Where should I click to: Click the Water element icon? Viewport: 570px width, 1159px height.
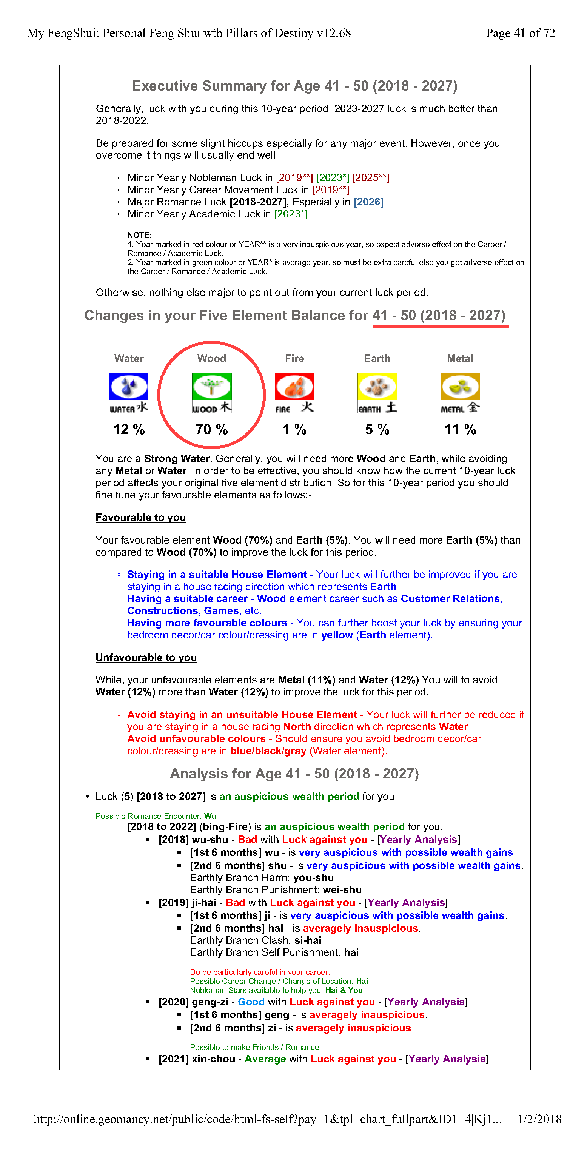point(129,392)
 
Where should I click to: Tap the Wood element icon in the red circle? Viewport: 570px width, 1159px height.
point(211,392)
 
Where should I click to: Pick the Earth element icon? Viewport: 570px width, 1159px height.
point(377,392)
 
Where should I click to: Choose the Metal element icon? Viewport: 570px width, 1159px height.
point(460,392)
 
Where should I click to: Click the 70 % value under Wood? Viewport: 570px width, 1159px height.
point(211,429)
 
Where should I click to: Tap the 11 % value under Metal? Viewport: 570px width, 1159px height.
point(460,429)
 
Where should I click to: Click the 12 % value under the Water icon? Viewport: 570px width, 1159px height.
point(129,429)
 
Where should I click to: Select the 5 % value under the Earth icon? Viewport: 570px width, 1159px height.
point(377,429)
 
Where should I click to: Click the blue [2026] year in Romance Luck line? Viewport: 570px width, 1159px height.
point(368,202)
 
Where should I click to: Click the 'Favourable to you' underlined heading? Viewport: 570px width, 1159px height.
point(140,518)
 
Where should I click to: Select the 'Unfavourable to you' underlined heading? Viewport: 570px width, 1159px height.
point(146,657)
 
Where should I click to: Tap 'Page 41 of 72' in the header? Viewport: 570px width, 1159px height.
point(520,33)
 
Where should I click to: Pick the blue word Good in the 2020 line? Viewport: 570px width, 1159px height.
point(251,1002)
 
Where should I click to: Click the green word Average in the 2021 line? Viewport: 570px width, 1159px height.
point(265,1059)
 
